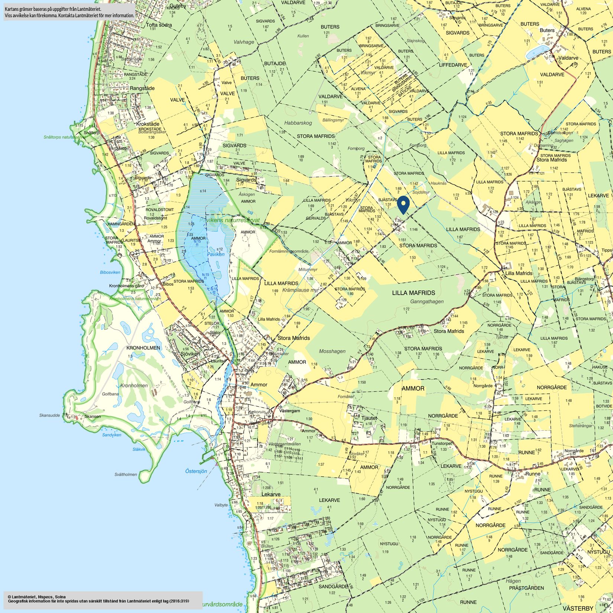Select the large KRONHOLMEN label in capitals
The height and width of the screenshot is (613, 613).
pos(143,348)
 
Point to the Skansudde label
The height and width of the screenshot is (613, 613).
pos(49,415)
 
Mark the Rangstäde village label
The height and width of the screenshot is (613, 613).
pos(142,88)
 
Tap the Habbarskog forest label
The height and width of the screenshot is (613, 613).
pos(298,123)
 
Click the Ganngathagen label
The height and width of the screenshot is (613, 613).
pos(427,302)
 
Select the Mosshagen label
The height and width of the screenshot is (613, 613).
pos(332,351)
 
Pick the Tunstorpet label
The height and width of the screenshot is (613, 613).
pos(441,444)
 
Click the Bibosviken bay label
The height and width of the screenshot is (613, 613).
pos(110,272)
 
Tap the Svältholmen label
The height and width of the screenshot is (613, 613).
pos(126,474)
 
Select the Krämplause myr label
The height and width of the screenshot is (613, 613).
pos(301,290)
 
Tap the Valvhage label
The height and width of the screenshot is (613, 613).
pos(244,42)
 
